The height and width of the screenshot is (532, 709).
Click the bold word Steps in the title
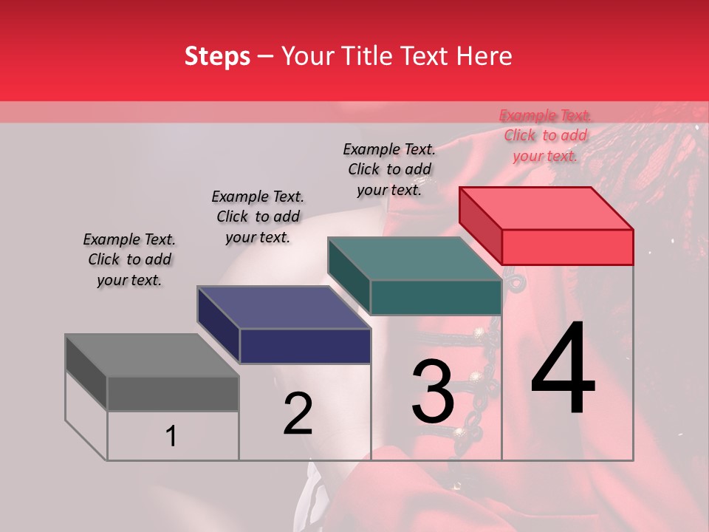coord(217,56)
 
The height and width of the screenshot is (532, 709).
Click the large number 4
coord(563,369)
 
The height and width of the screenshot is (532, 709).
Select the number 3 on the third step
coord(432,392)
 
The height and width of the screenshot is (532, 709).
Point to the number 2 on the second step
coord(298,414)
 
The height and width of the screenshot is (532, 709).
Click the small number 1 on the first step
coord(171,437)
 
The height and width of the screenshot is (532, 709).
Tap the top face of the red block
coord(546,208)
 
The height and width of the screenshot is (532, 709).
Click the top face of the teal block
coord(414,259)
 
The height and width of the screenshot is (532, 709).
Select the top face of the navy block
coord(284,307)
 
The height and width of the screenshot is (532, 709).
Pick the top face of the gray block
coord(151,355)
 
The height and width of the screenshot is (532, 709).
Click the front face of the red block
coord(567,247)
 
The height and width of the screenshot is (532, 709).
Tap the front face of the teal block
coord(436,298)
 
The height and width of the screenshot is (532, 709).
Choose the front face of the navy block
coord(305,346)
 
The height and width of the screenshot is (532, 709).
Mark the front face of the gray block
coord(173,394)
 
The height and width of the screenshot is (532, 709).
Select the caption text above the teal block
coord(389,169)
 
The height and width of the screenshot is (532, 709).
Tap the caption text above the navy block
coord(258,216)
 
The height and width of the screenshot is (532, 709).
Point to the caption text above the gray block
coord(129,259)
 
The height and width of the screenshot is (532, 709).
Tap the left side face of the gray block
coord(86,373)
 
